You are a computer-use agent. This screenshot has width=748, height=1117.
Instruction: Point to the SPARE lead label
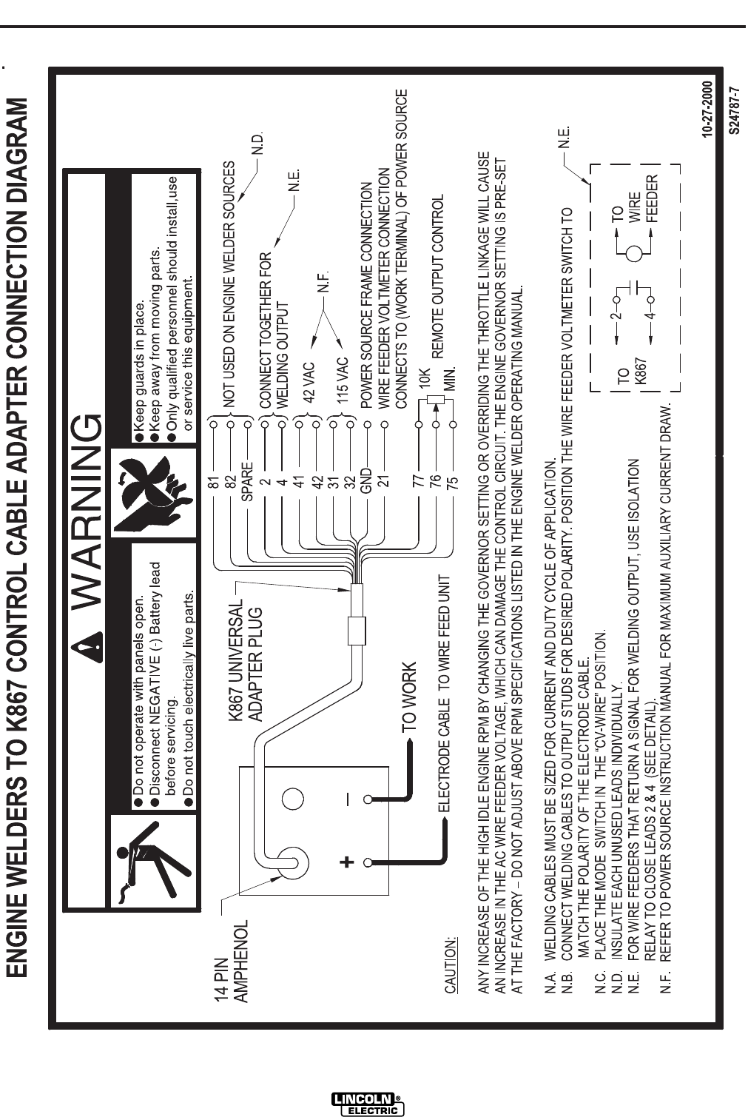coord(247,481)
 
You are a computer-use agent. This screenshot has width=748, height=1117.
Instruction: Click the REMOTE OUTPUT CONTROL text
coord(437,276)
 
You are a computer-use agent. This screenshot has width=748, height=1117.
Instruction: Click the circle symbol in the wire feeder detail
coord(633,254)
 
